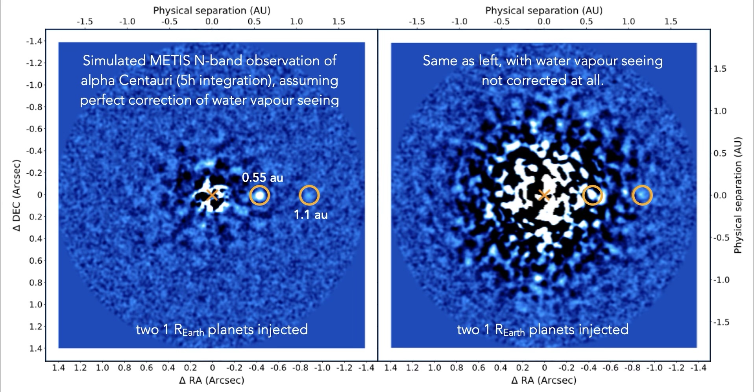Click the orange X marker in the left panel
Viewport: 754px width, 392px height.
[212, 195]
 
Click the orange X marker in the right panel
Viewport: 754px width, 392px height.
[544, 195]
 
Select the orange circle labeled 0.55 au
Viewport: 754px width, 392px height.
[260, 195]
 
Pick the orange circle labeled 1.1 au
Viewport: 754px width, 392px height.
[309, 195]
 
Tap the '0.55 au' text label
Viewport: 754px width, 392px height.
[262, 178]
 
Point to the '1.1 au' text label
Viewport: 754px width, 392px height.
[310, 214]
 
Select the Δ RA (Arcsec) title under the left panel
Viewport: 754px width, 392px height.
[212, 380]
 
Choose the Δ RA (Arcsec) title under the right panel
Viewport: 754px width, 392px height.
[544, 380]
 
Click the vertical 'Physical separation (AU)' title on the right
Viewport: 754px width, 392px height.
[737, 195]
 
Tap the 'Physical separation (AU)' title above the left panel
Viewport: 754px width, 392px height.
[212, 10]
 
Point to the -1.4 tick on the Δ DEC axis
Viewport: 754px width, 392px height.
[35, 41]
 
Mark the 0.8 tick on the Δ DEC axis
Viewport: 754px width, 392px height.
[36, 283]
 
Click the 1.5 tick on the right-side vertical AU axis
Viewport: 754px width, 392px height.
[720, 69]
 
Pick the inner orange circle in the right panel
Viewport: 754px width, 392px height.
[592, 195]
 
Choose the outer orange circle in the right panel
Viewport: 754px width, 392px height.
[642, 195]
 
